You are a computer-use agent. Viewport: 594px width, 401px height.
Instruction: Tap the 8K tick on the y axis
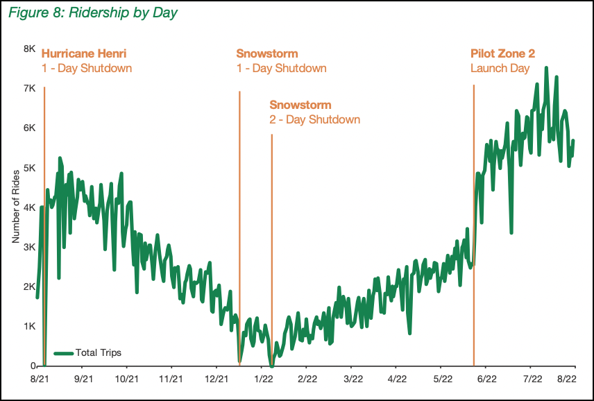(x=30, y=49)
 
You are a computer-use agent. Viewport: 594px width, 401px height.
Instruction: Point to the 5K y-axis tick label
(x=30, y=168)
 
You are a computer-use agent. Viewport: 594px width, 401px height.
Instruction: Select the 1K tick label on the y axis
(x=30, y=326)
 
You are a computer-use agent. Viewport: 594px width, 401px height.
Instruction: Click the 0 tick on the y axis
(x=33, y=366)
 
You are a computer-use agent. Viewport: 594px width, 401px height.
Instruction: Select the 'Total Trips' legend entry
(x=97, y=352)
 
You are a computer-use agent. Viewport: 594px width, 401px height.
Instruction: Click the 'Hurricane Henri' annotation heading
(x=84, y=53)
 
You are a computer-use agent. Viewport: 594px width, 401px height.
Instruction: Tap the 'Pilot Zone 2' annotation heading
(x=502, y=53)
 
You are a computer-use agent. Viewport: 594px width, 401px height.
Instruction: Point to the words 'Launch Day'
(x=500, y=68)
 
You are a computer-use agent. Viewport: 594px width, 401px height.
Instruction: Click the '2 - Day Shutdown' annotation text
(x=314, y=119)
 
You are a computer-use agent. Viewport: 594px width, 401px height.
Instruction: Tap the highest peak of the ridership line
(x=546, y=68)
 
